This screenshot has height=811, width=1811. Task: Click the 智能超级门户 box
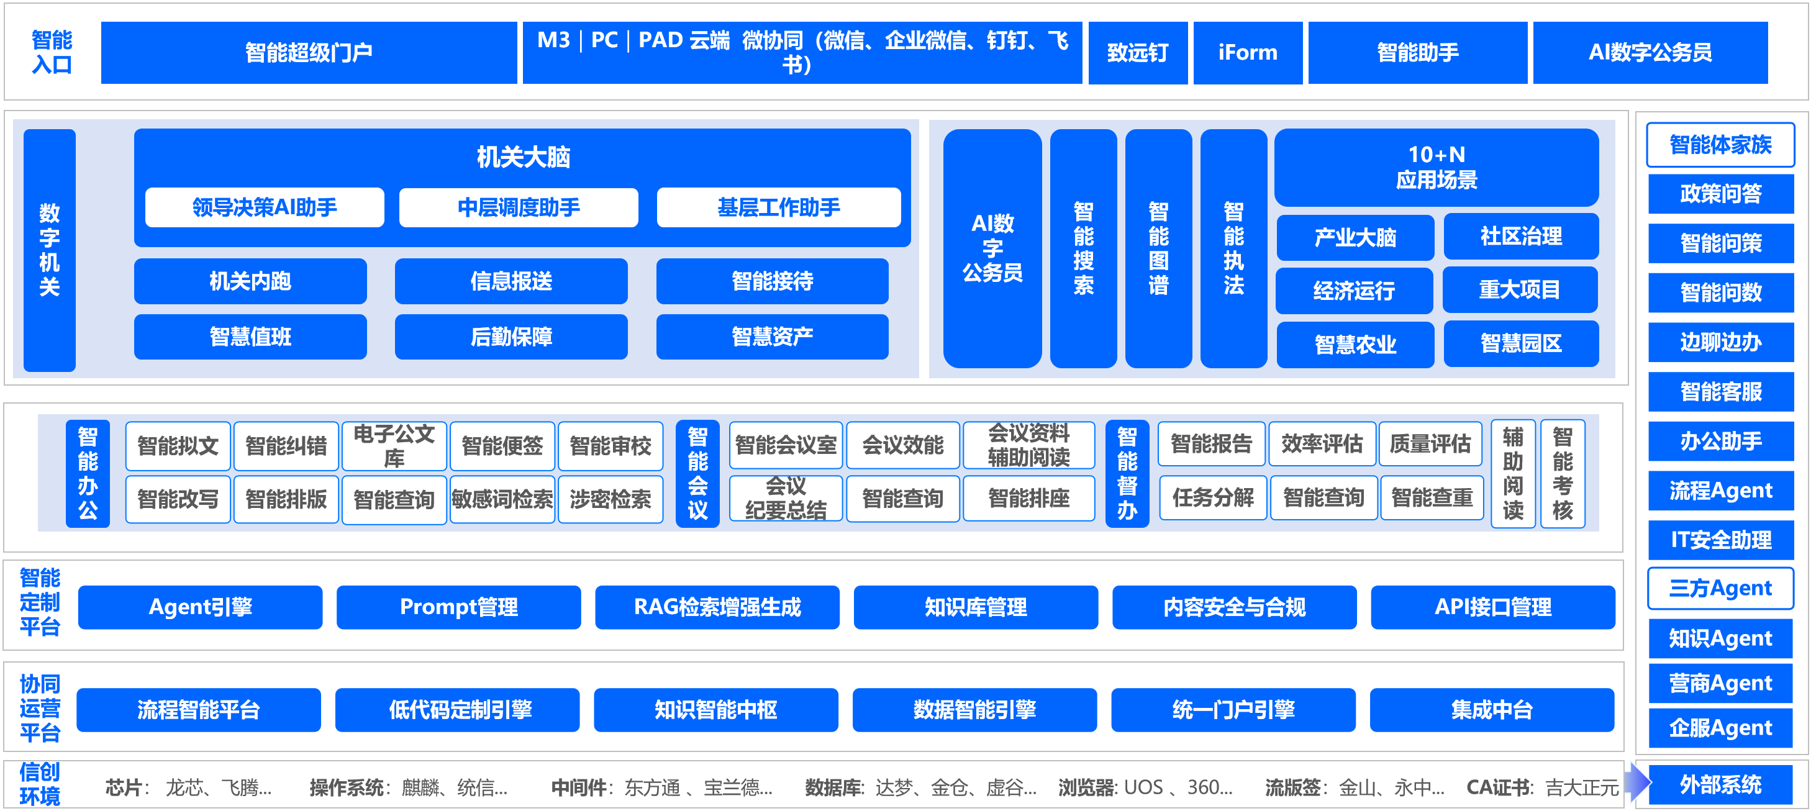coord(309,53)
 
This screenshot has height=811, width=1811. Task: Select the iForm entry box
coord(1247,53)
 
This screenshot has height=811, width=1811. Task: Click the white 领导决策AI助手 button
coord(265,207)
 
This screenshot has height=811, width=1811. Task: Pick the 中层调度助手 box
coord(518,207)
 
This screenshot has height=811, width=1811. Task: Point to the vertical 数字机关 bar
coord(49,250)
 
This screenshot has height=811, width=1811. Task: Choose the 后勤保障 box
coord(511,337)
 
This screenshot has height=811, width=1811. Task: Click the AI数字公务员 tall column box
coord(992,248)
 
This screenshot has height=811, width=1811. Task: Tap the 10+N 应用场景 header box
coord(1436,167)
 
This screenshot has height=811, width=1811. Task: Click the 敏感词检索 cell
coord(502,500)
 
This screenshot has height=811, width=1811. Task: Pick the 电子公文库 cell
coord(394,446)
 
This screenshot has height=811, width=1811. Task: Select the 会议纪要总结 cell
coord(785,498)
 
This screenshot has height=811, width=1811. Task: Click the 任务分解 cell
coord(1213,498)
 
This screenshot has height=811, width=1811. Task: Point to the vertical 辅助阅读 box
coord(1512,473)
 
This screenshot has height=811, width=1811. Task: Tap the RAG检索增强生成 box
coord(717,607)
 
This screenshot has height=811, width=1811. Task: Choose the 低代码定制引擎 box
coord(460,710)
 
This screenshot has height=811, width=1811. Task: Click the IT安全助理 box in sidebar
coord(1720,540)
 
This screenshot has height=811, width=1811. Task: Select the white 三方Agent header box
coord(1720,588)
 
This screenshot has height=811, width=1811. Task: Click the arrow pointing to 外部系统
coord(1638,782)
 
